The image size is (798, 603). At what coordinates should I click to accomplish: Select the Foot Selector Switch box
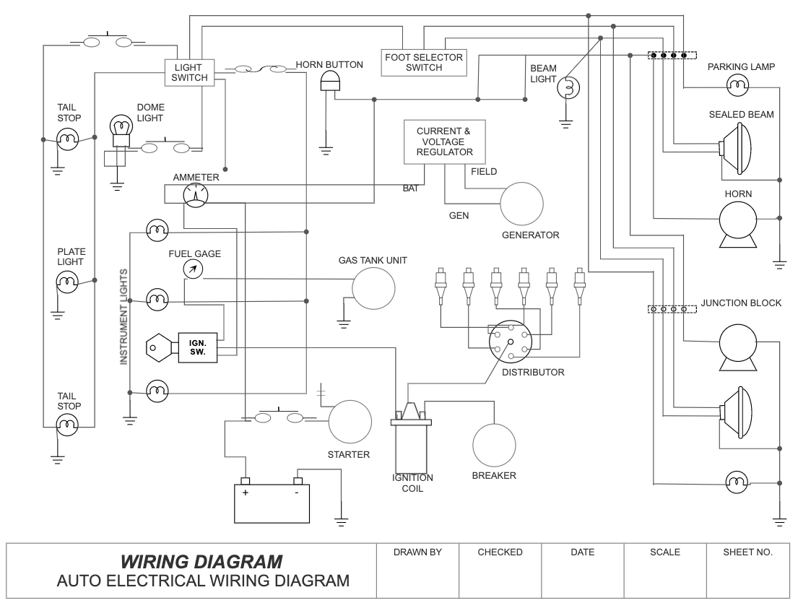(424, 62)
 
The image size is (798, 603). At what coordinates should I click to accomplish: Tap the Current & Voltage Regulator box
(444, 142)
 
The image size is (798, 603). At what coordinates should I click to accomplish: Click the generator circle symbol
(522, 204)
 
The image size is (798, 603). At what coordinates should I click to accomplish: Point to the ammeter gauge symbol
(195, 194)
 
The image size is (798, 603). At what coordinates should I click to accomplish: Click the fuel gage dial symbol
(194, 269)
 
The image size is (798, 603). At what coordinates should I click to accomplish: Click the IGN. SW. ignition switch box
(198, 347)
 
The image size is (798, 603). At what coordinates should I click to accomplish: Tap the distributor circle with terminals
(510, 342)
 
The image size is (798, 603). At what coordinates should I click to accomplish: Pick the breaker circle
(494, 444)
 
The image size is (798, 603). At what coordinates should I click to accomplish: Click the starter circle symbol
(350, 422)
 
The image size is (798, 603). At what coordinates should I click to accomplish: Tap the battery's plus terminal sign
(246, 493)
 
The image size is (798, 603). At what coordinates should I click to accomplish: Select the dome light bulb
(120, 129)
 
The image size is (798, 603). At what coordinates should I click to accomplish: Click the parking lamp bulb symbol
(737, 87)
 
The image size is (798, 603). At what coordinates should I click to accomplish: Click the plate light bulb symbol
(67, 280)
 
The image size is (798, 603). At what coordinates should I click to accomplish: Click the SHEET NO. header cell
(747, 552)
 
